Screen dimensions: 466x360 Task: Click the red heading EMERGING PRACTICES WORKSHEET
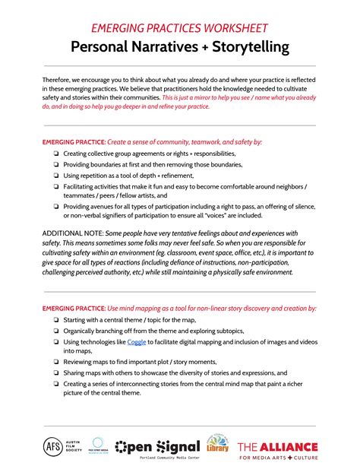(179, 28)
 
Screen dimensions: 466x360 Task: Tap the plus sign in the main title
(193, 47)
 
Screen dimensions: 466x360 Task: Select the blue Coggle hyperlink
(137, 341)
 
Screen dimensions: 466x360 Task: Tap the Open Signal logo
(157, 447)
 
